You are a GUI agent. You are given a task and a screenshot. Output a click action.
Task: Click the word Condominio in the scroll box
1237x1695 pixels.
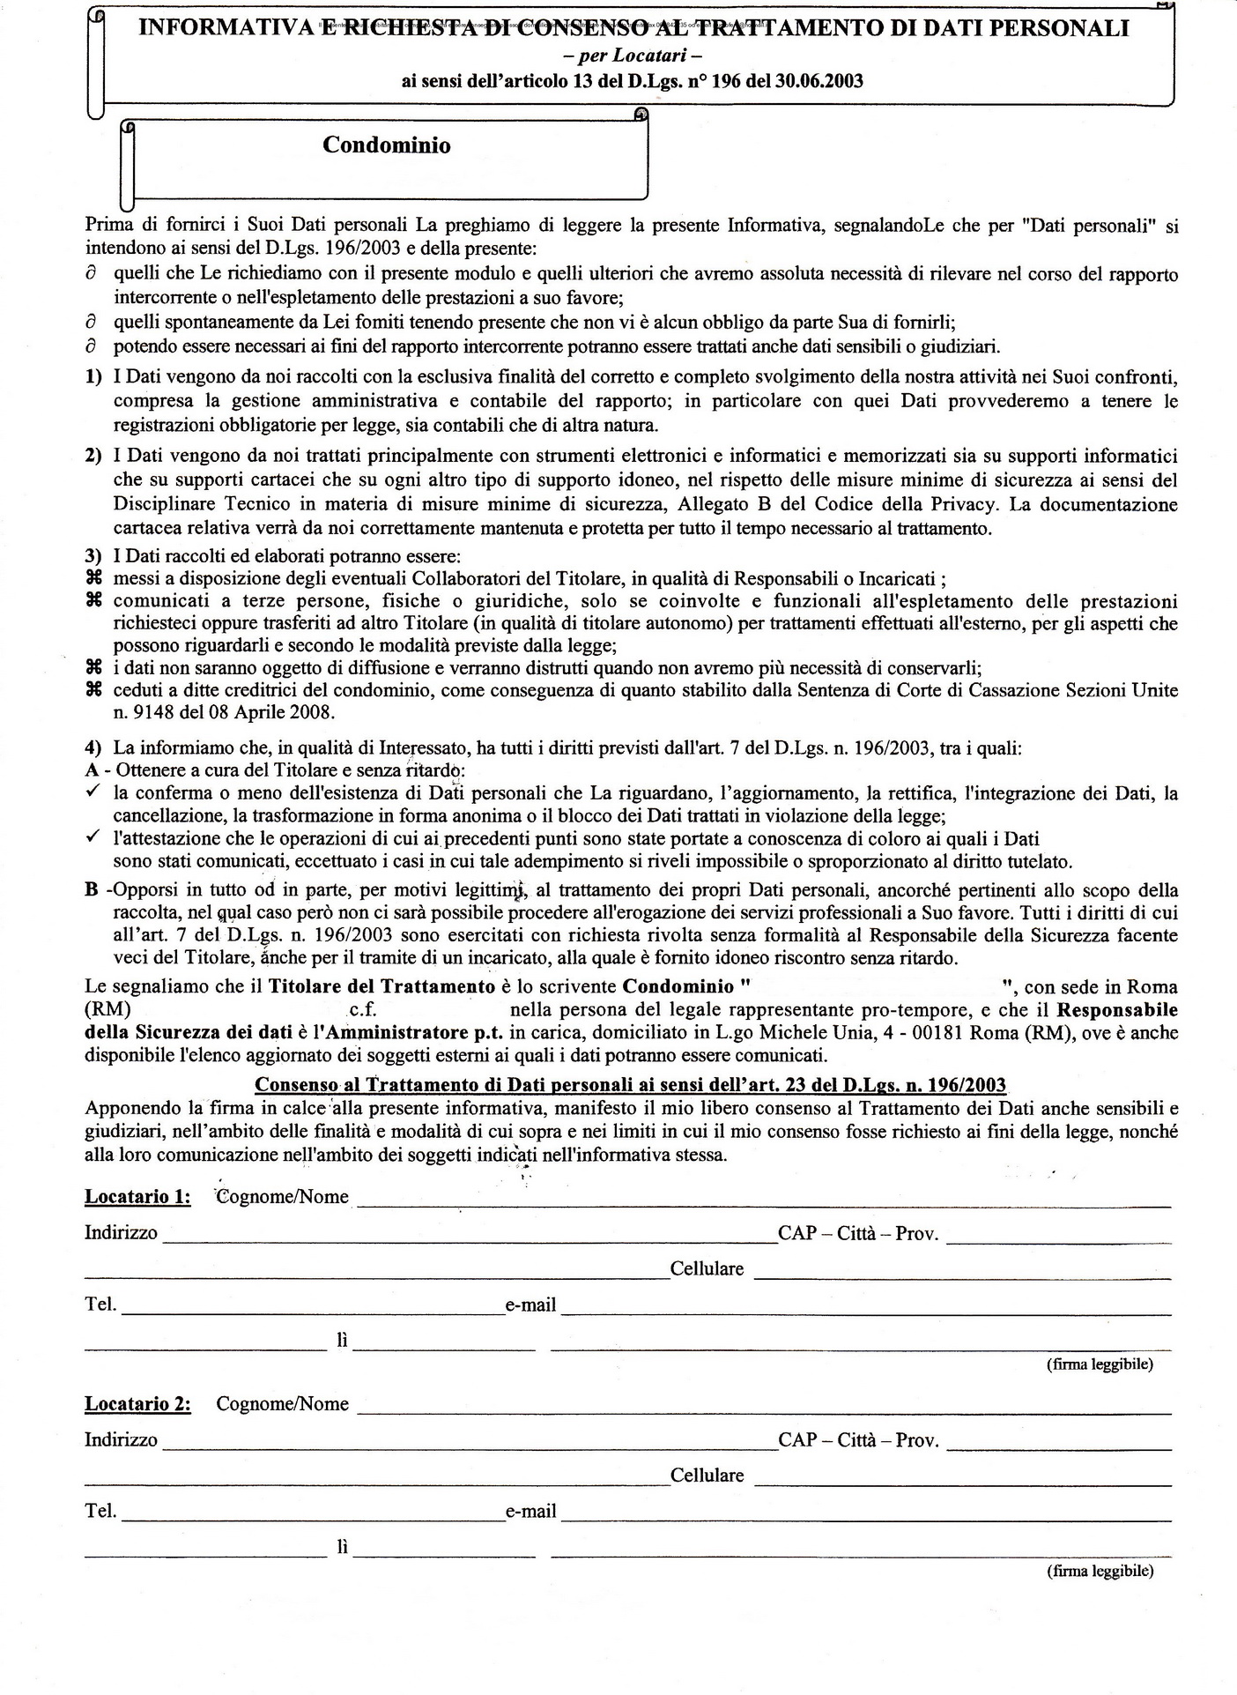pos(386,145)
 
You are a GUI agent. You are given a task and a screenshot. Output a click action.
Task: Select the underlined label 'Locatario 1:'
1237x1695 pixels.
pos(137,1196)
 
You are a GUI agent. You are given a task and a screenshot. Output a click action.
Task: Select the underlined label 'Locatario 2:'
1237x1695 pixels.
pos(137,1403)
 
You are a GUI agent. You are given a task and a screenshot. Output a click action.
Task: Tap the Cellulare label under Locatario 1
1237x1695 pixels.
pos(707,1269)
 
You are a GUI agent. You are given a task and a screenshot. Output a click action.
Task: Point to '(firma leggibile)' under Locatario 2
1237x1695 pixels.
pos(1100,1570)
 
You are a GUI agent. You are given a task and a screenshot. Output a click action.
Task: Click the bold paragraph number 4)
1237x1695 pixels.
pos(93,748)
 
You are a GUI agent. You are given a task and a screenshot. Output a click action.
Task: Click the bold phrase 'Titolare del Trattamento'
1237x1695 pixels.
pos(381,986)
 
